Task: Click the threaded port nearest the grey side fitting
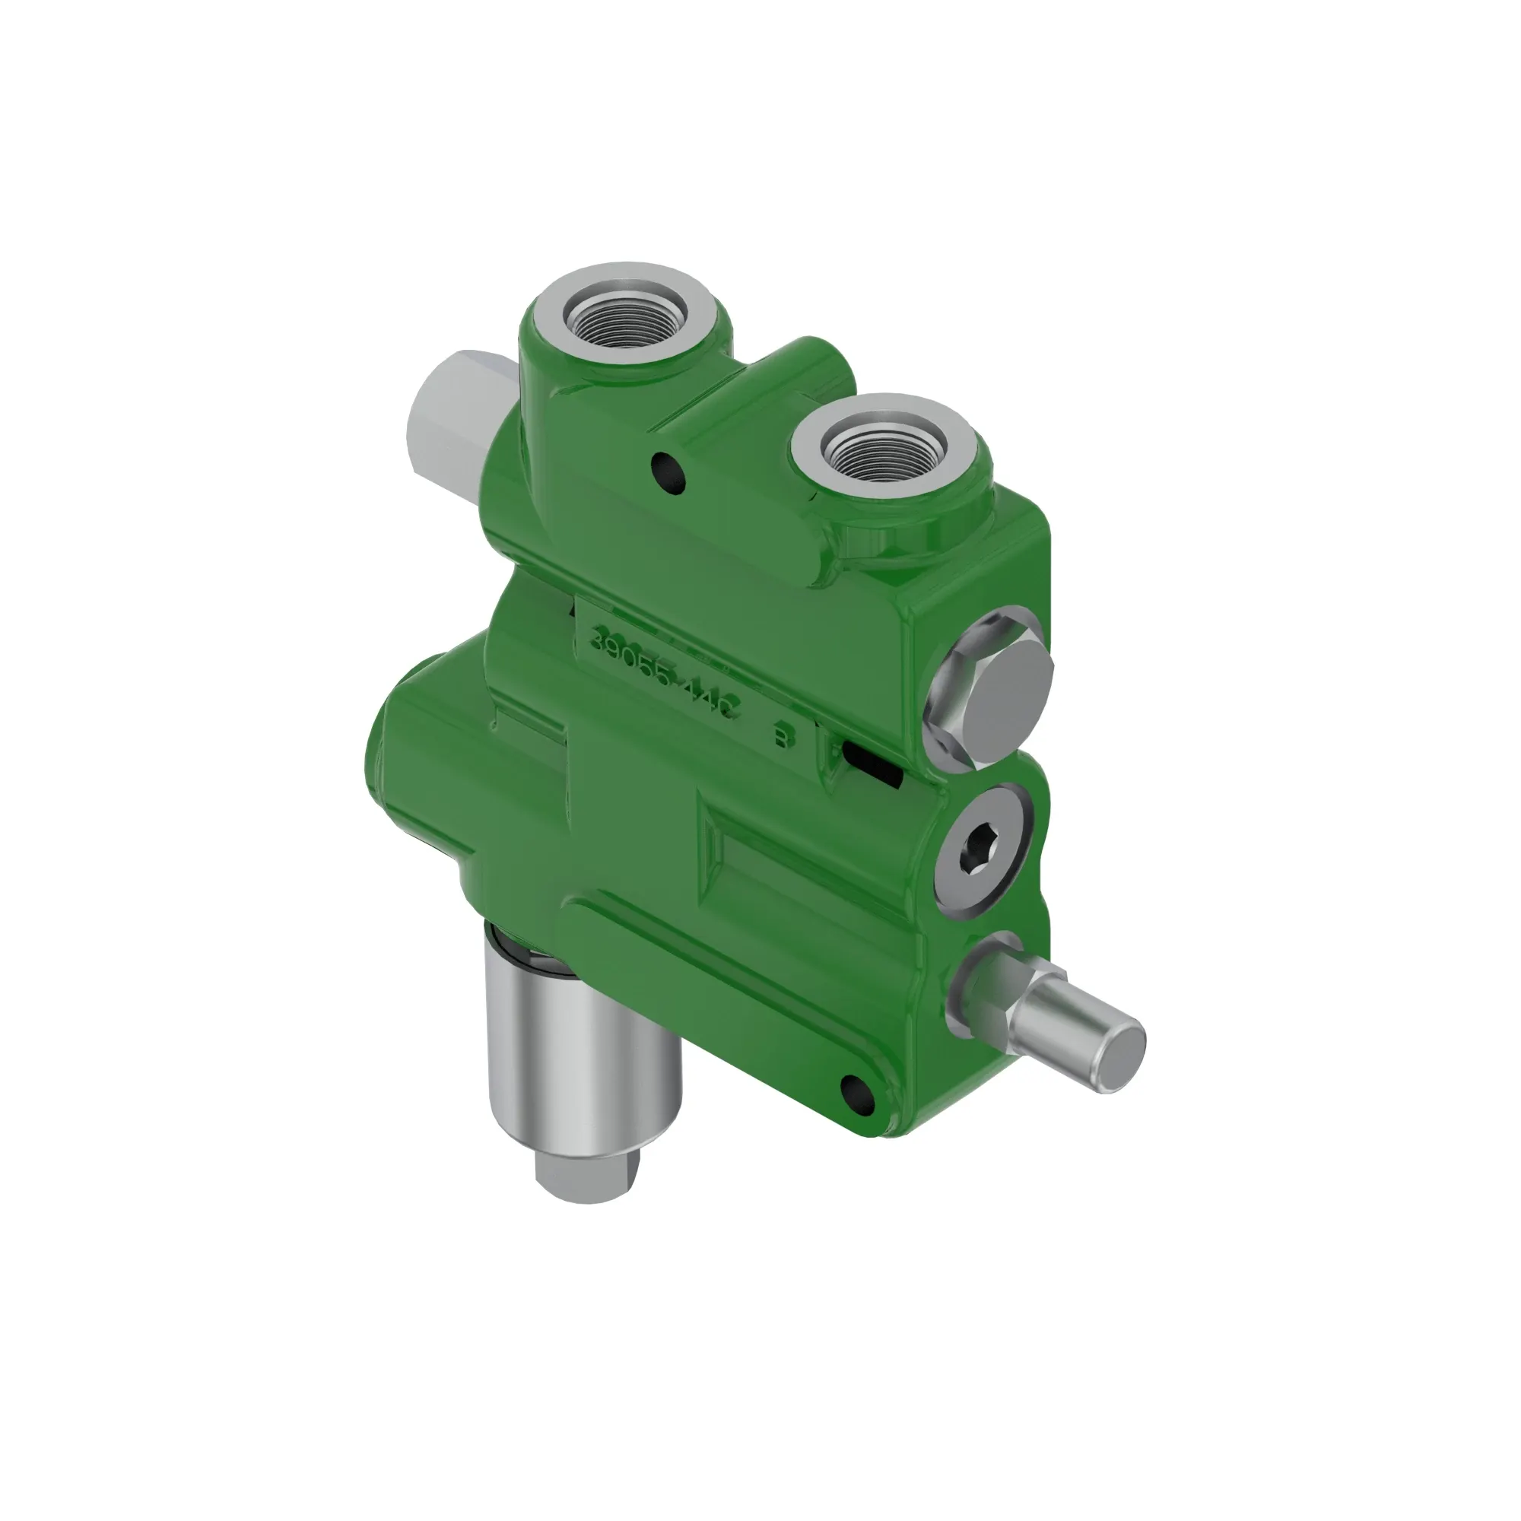pos(628,316)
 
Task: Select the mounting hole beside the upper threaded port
pos(667,473)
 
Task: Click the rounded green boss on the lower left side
pos(418,756)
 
